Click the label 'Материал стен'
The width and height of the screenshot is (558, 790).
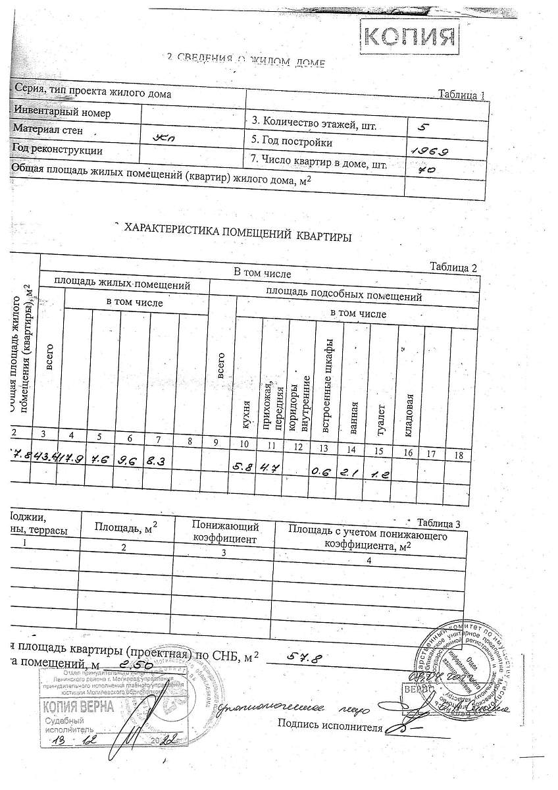tap(48, 130)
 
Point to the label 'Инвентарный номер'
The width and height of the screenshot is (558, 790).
tap(62, 113)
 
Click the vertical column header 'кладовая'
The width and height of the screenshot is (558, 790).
tap(409, 415)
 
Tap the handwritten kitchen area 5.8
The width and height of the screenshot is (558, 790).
tap(241, 467)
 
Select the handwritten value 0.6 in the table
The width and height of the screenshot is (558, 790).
tap(321, 471)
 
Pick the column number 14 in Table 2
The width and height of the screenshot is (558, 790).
tap(351, 450)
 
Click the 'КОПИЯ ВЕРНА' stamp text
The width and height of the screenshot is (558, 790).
tap(78, 708)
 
